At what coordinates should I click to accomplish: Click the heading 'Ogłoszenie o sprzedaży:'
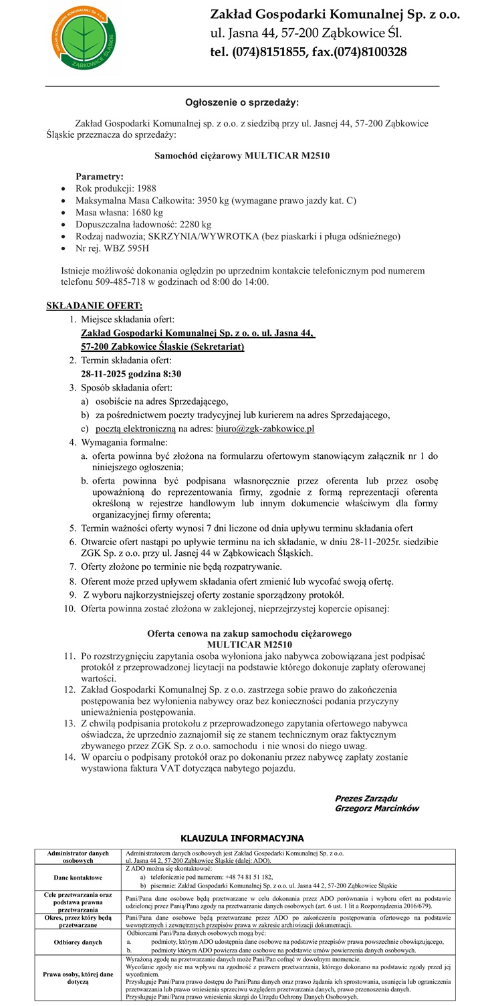point(242,102)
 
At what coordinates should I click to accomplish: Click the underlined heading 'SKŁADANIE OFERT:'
point(94,306)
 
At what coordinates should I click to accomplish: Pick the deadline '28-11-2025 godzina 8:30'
point(131,373)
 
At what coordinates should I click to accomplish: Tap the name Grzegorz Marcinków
point(376,808)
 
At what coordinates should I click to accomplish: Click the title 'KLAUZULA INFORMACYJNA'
point(242,838)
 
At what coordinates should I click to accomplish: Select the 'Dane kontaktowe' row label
point(79,877)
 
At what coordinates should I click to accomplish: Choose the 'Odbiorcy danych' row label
point(79,941)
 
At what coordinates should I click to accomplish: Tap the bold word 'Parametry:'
point(100,177)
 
